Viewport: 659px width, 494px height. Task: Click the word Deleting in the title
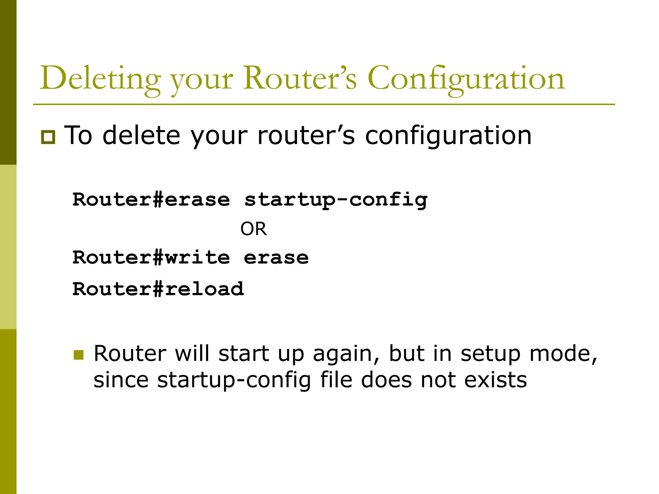tap(100, 79)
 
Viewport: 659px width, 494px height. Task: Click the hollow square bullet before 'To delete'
tap(48, 137)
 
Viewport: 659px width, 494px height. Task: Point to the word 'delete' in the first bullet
tap(142, 135)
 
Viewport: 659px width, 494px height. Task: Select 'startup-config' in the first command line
tap(336, 200)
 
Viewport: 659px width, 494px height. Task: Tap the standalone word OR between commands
tap(254, 229)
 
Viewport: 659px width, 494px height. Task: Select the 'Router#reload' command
tap(158, 288)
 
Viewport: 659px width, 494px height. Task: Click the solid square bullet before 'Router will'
tap(79, 355)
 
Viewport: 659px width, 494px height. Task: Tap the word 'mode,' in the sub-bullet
tap(563, 354)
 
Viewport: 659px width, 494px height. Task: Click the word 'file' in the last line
tap(336, 380)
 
